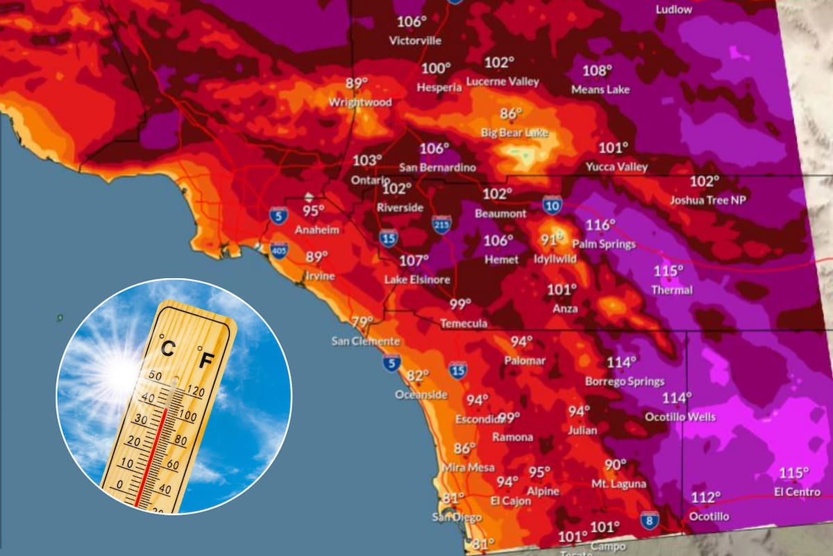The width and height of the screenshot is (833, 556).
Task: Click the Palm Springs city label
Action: [603, 244]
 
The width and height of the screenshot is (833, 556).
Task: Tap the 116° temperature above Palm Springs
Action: [600, 225]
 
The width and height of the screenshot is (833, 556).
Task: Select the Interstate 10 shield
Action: [553, 204]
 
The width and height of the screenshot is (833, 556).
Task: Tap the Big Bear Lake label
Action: [514, 132]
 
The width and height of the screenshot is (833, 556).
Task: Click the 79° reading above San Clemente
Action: [362, 322]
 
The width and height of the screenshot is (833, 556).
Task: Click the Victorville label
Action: [415, 40]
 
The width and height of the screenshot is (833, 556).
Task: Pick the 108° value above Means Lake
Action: [597, 71]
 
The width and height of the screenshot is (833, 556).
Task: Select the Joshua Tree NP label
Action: [707, 199]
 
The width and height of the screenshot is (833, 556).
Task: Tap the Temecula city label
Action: [464, 323]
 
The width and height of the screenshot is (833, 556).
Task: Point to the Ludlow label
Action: [673, 9]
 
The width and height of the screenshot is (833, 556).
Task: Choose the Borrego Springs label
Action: [625, 381]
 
